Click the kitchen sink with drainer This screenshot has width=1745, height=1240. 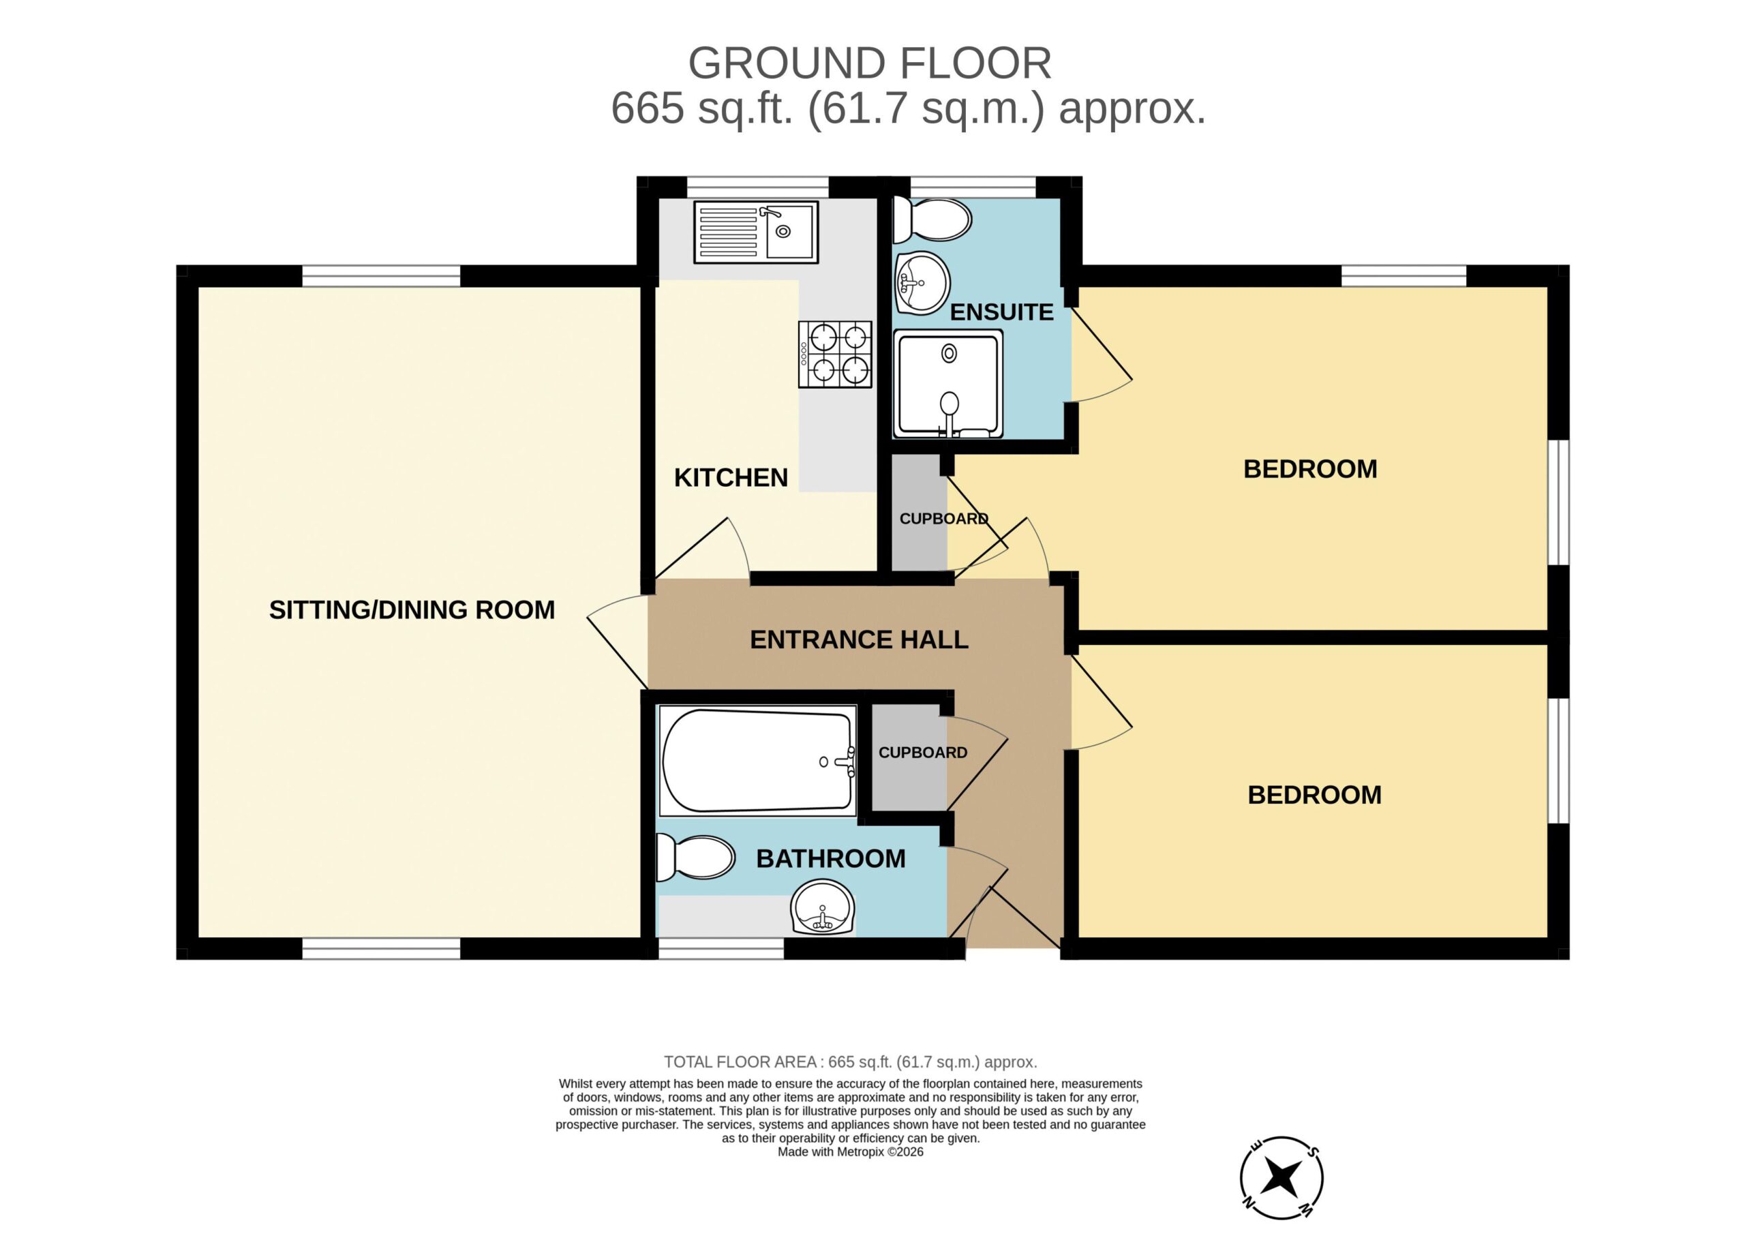point(756,232)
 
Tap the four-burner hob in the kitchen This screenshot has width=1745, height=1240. point(835,354)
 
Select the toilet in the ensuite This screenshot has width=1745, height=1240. point(932,220)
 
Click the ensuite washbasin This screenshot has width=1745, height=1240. point(922,282)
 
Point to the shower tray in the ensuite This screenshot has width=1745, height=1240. point(948,384)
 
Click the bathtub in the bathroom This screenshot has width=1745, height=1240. point(757,761)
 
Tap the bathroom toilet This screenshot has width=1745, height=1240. point(695,857)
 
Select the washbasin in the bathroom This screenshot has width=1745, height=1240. point(823,907)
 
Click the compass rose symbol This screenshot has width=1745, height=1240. point(1281,1177)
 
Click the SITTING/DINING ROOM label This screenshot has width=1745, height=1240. point(412,610)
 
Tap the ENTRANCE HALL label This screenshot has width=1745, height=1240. point(859,640)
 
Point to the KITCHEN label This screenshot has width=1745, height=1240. point(731,478)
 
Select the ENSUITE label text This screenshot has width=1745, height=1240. point(1001,312)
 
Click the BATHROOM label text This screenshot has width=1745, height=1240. point(830,859)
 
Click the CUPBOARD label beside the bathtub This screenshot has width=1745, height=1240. point(923,753)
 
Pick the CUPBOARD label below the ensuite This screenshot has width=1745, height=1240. point(944,519)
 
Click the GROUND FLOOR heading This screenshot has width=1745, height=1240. point(870,63)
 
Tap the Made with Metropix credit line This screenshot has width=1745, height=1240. point(851,1152)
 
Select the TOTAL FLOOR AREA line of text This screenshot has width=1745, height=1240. point(851,1062)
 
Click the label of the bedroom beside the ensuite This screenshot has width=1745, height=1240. point(1310,469)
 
